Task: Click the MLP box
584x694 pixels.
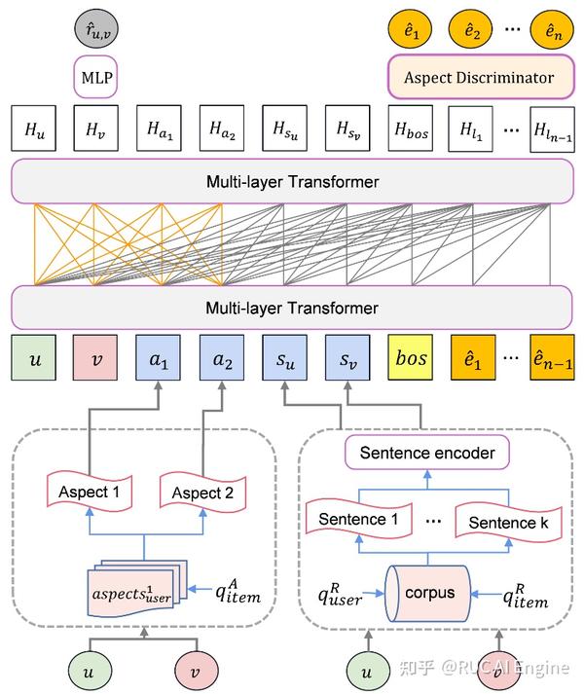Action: click(x=95, y=75)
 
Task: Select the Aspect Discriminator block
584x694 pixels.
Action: click(x=481, y=77)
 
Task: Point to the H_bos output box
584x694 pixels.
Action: click(x=412, y=128)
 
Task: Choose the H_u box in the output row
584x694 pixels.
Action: click(x=35, y=128)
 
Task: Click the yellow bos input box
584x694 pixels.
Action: click(x=412, y=357)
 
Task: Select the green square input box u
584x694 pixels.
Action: click(x=35, y=357)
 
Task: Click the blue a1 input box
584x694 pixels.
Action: click(x=160, y=357)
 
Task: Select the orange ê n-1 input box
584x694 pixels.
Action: click(x=552, y=357)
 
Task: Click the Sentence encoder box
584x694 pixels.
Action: click(x=427, y=453)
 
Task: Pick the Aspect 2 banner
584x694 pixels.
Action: click(x=201, y=493)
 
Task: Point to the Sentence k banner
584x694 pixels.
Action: click(x=502, y=523)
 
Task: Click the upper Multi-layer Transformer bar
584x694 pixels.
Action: click(x=292, y=182)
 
